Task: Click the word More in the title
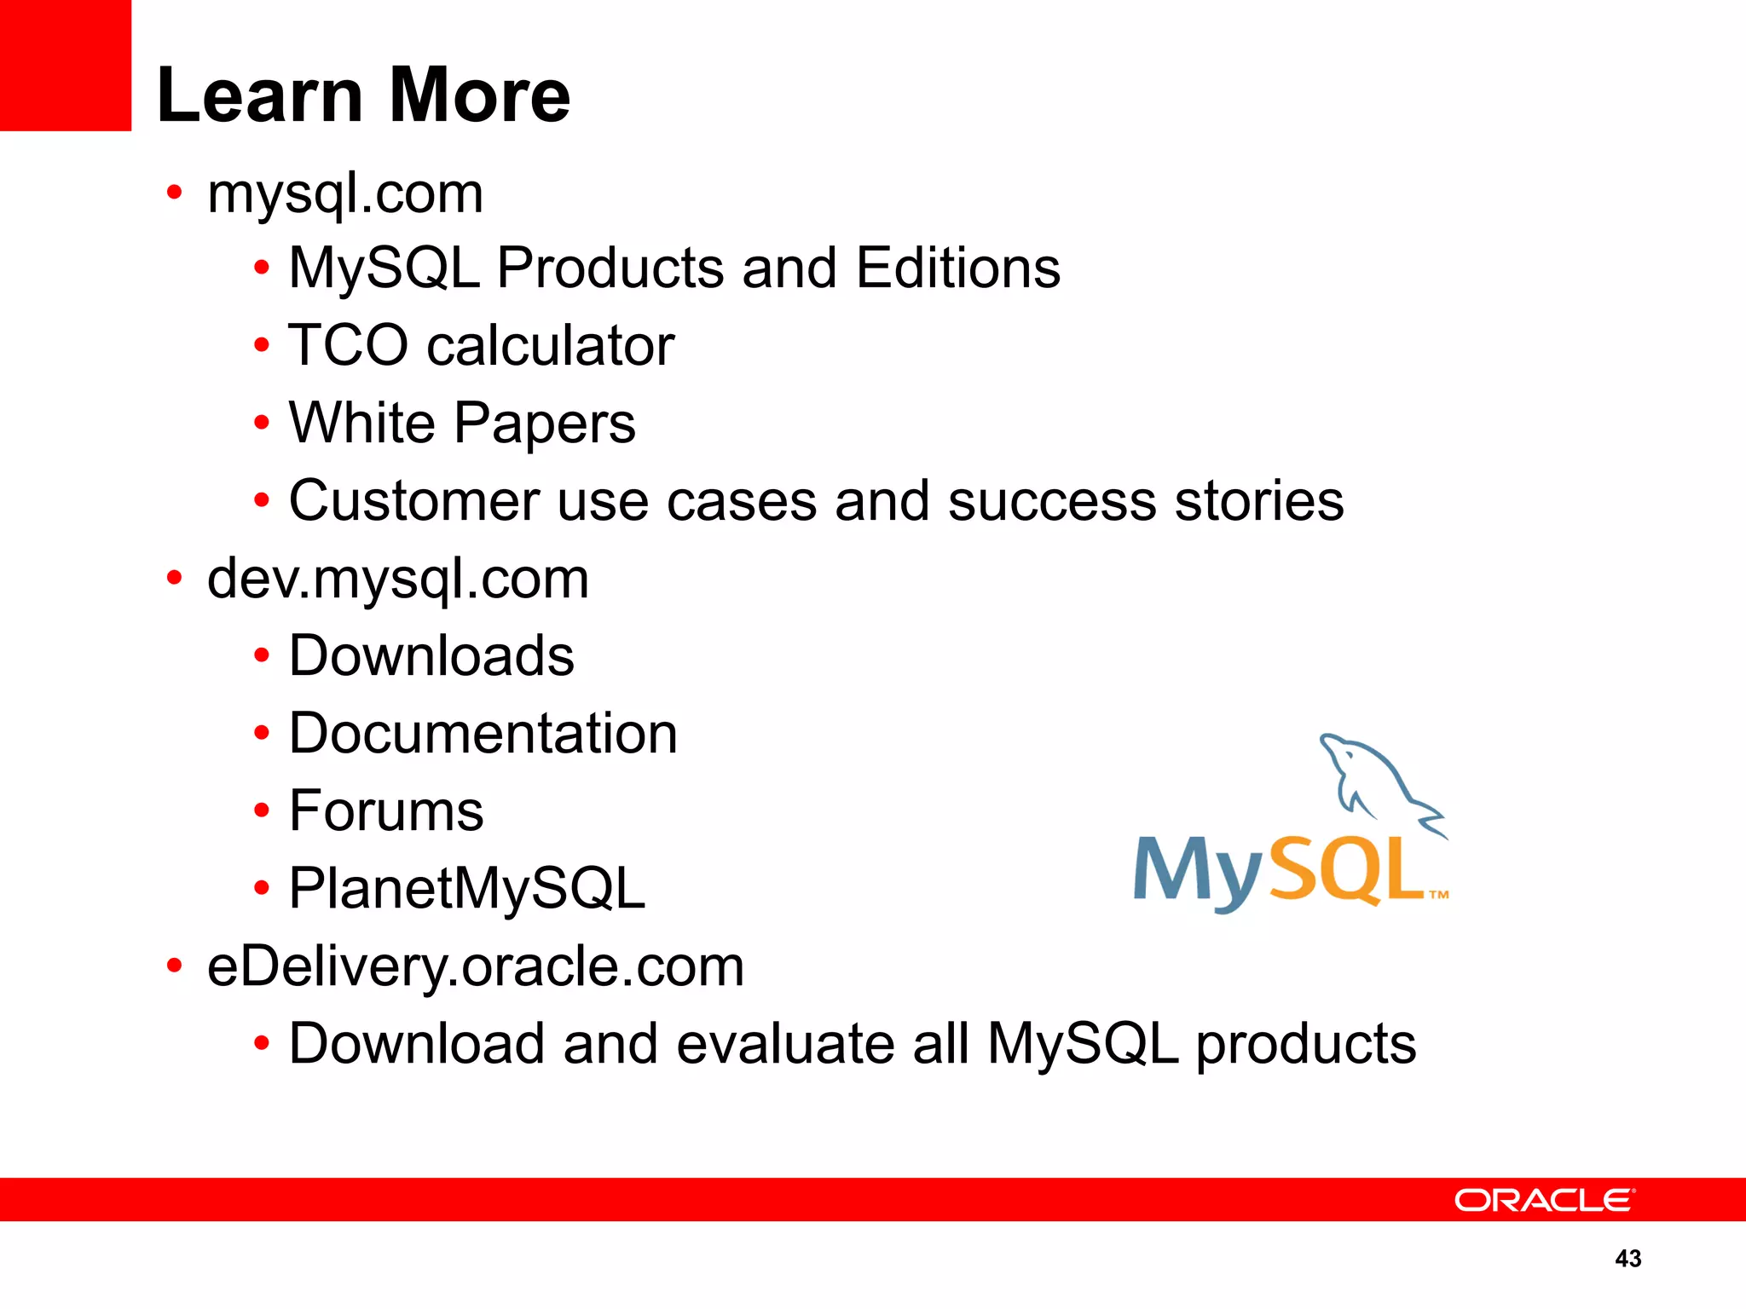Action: point(479,95)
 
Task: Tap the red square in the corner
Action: point(65,65)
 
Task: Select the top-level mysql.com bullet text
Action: point(345,194)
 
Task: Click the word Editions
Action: point(957,268)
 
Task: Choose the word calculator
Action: point(550,345)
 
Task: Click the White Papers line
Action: point(462,423)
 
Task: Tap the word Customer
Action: point(413,500)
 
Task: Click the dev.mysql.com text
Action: point(398,580)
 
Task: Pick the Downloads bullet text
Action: point(431,656)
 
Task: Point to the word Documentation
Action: point(483,734)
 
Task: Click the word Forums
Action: point(386,810)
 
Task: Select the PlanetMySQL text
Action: point(467,889)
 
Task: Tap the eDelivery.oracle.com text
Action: point(476,967)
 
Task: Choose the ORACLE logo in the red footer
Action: point(1544,1200)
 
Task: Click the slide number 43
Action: point(1627,1259)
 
